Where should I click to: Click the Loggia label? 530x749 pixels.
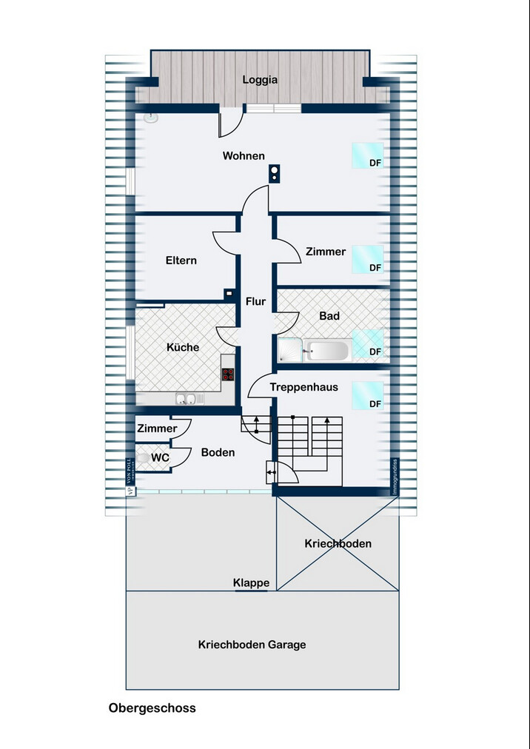260,80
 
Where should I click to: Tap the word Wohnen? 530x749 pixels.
244,156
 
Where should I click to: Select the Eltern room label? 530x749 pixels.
181,261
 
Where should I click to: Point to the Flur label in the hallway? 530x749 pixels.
255,301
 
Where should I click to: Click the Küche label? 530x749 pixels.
182,347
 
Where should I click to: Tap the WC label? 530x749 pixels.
160,458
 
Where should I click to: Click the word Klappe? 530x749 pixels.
251,583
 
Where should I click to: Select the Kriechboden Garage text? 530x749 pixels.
252,645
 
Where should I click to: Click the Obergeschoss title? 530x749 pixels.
152,708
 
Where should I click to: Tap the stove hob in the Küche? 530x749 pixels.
228,374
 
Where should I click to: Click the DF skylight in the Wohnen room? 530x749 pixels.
367,155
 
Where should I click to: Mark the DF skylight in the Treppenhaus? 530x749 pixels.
367,395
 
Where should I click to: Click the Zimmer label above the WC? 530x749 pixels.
157,429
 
